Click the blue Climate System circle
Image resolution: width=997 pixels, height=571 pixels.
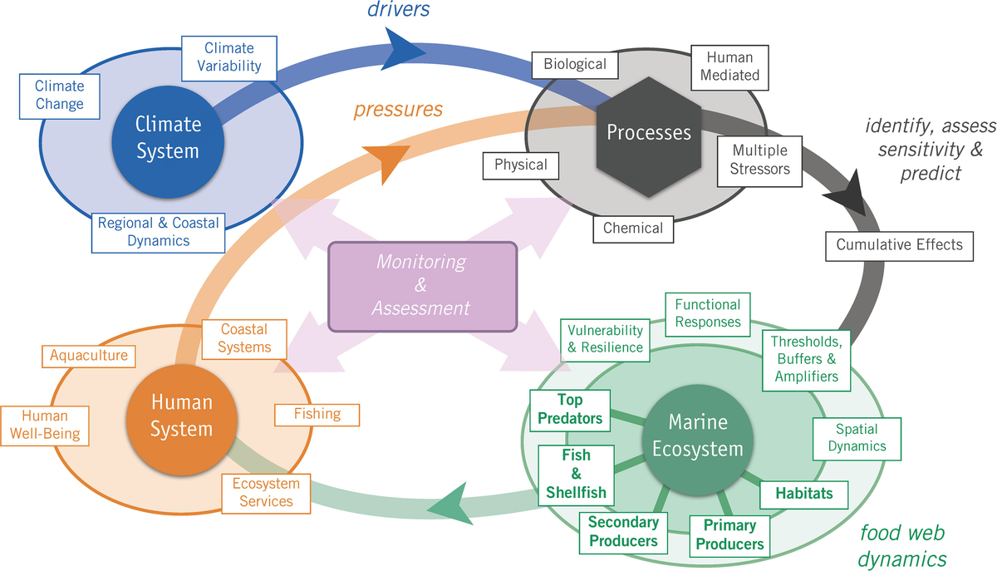tap(169, 137)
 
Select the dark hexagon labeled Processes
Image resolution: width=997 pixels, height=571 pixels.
tap(648, 133)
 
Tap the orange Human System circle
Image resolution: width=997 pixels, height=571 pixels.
tap(182, 415)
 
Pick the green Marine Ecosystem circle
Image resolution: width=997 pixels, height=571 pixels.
tap(698, 436)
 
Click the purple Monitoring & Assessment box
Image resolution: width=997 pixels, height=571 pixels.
tap(423, 285)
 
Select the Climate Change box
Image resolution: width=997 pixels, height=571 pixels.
tap(59, 95)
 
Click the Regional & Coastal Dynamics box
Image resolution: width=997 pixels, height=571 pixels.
tap(159, 232)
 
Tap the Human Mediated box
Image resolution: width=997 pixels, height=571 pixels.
tap(730, 66)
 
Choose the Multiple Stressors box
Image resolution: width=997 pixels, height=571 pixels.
tap(759, 160)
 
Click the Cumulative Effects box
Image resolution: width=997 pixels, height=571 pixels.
tap(899, 244)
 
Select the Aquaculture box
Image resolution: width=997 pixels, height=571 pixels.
tap(89, 356)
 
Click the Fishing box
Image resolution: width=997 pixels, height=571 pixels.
tap(317, 413)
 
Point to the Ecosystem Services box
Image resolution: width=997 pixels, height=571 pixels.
tap(266, 492)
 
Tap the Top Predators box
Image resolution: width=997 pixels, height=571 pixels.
tap(570, 410)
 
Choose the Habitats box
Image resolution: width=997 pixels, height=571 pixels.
tap(803, 493)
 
